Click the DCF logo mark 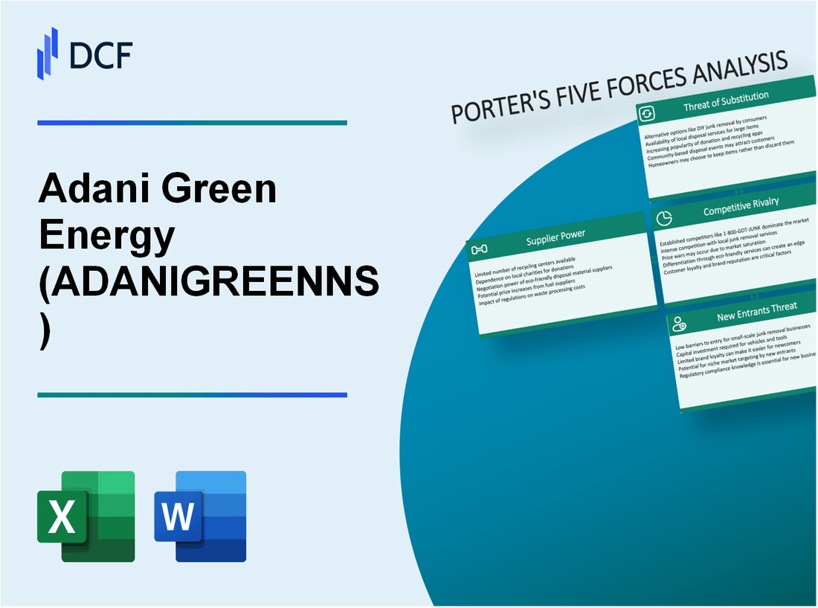coord(48,53)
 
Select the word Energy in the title coord(106,237)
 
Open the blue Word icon coord(200,516)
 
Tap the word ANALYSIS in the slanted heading coord(735,68)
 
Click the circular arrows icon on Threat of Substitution coord(647,113)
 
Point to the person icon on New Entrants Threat coord(678,323)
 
